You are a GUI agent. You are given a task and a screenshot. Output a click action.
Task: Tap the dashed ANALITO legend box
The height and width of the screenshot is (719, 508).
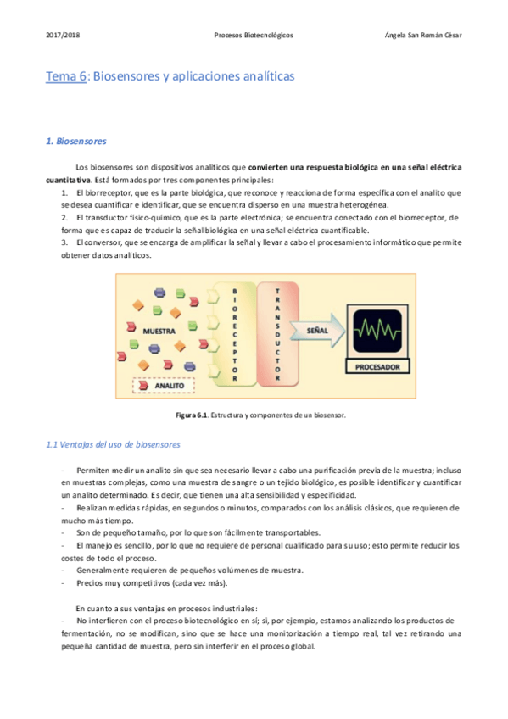(x=164, y=385)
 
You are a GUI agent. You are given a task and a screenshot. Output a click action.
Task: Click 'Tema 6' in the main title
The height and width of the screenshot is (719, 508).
(x=66, y=76)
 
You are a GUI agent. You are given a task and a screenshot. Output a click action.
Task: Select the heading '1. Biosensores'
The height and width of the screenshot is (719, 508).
(x=76, y=141)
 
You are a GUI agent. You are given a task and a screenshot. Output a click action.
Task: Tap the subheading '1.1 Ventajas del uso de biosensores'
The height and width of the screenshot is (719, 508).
(x=112, y=444)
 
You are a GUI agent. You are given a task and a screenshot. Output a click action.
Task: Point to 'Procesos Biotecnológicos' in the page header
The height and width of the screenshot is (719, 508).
(x=254, y=36)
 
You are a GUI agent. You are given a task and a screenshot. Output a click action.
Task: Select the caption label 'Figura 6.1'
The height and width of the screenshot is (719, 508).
(x=191, y=415)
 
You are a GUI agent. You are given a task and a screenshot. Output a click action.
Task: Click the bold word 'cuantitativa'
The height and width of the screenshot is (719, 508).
(x=68, y=181)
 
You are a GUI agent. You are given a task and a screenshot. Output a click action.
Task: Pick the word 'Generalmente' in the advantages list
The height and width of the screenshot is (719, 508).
(x=103, y=571)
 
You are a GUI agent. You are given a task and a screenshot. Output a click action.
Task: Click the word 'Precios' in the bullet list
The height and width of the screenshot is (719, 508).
(x=90, y=583)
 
